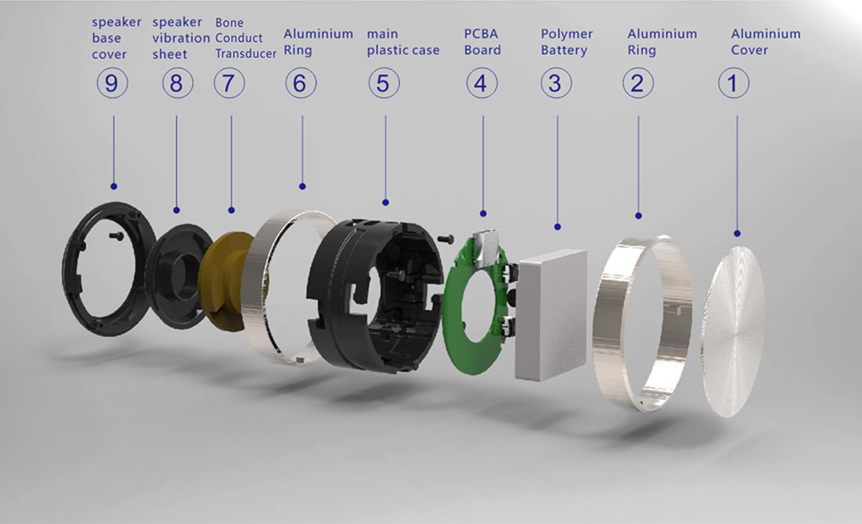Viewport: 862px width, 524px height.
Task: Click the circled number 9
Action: [112, 83]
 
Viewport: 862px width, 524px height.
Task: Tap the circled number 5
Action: [384, 83]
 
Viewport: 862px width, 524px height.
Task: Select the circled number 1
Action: [734, 83]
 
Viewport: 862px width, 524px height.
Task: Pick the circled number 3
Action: [556, 83]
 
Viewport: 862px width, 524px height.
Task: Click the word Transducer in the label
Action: [246, 53]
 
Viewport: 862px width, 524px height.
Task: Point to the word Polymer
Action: [567, 34]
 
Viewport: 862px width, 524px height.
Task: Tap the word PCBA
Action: [481, 34]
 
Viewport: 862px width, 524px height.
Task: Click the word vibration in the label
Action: [181, 38]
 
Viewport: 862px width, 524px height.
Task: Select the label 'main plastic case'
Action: [403, 42]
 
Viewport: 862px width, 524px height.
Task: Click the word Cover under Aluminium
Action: [749, 50]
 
